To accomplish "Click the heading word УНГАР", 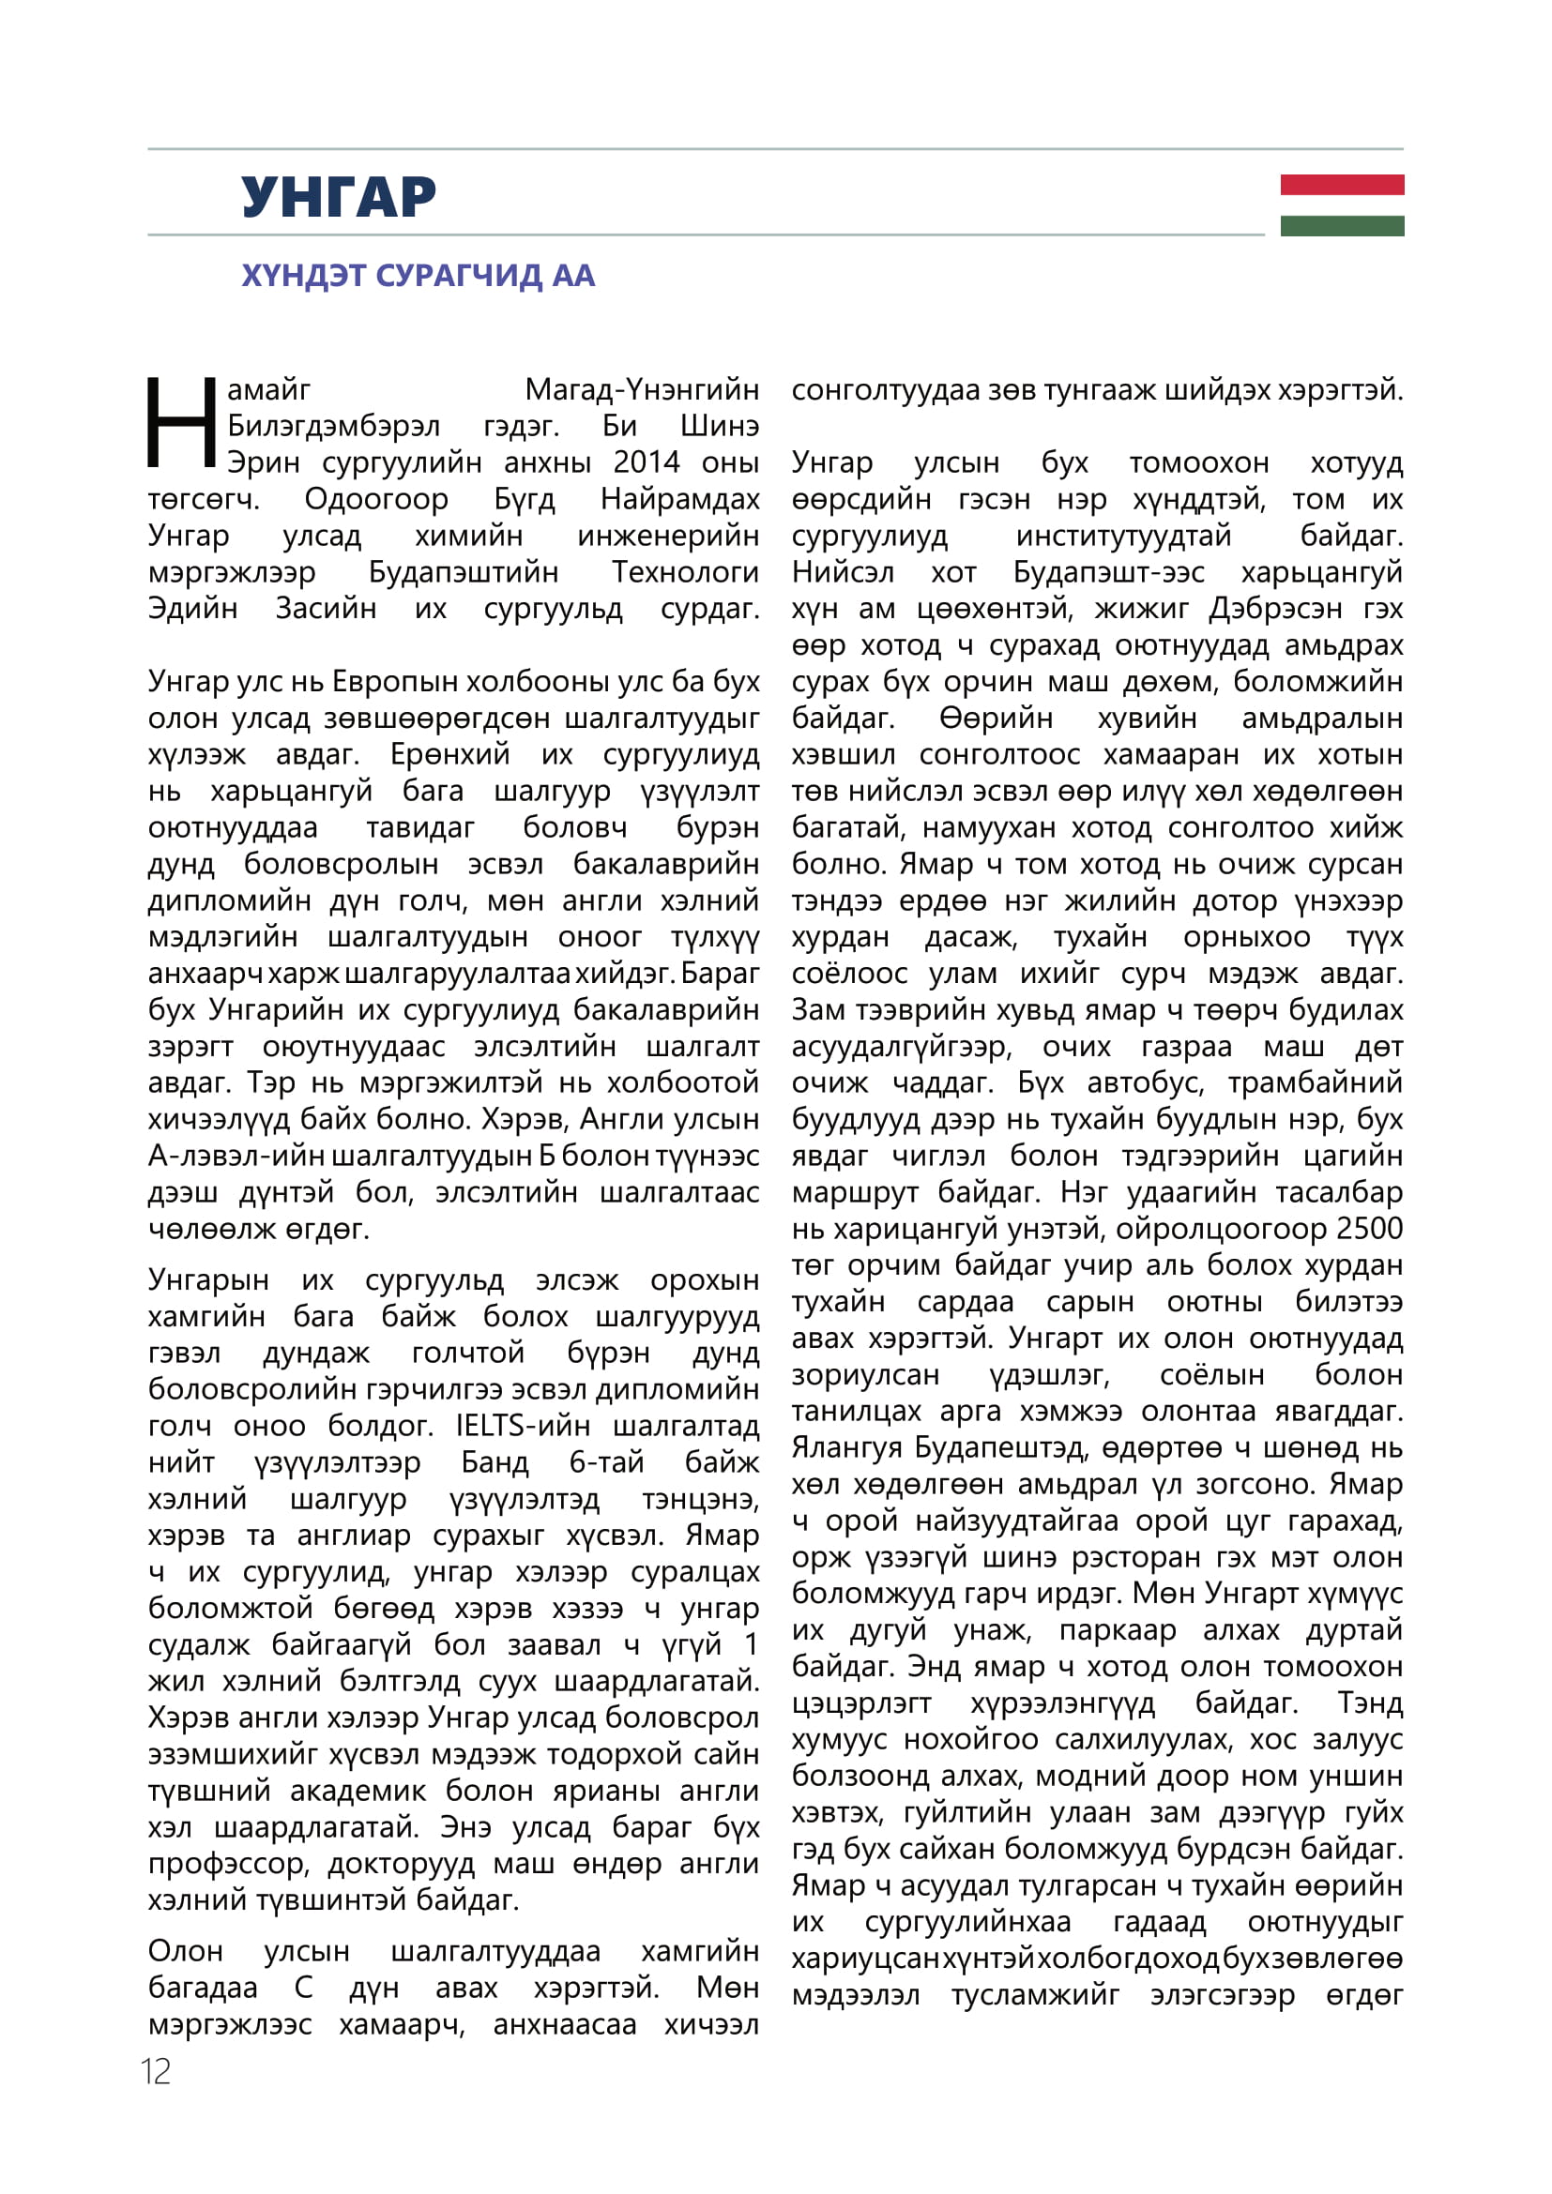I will (x=339, y=197).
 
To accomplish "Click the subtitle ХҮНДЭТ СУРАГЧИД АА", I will (x=418, y=275).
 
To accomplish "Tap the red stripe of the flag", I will (x=1342, y=185).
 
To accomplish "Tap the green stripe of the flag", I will (x=1342, y=225).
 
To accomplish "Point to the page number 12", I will (x=156, y=2072).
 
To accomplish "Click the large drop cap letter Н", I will (x=182, y=422).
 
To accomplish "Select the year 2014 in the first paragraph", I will (x=646, y=462).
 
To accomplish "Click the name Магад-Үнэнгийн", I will (x=642, y=390).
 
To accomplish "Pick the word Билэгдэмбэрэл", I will (x=333, y=426).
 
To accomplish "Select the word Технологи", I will (x=685, y=572).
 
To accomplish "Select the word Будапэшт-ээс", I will (x=1108, y=572).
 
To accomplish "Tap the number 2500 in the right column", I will (x=1369, y=1229).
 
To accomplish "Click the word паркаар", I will (x=1118, y=1629).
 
